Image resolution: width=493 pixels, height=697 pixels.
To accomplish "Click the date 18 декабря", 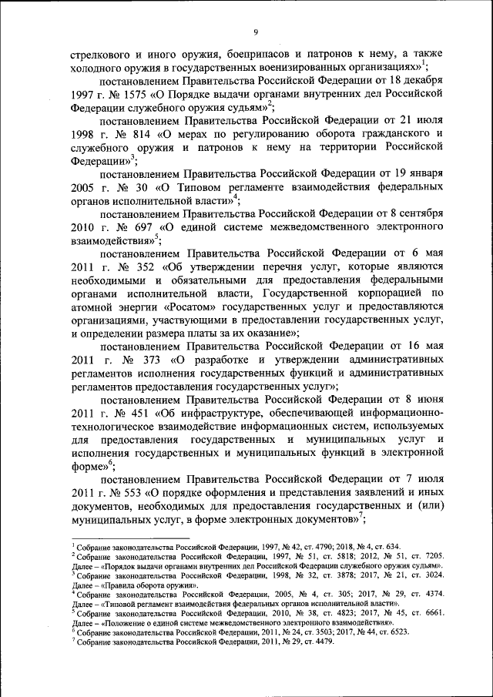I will tap(418, 80).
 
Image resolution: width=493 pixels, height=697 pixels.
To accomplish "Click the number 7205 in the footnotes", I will tap(428, 555).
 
